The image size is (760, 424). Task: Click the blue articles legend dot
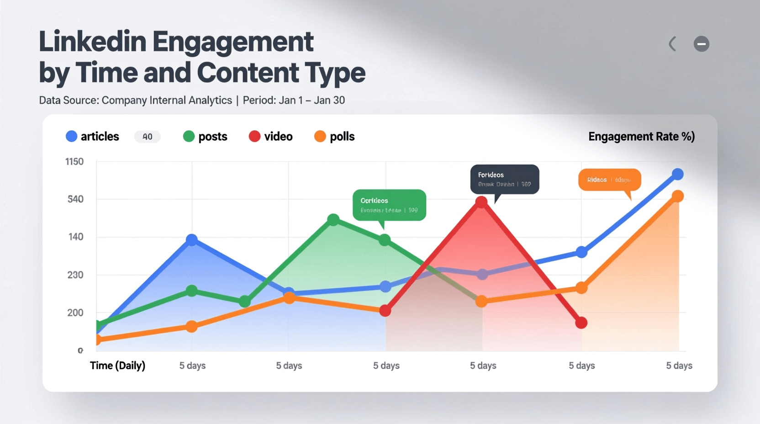coord(71,136)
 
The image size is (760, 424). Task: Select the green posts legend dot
coord(189,136)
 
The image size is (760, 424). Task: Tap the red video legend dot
coord(254,136)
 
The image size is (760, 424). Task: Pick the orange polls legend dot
coord(320,136)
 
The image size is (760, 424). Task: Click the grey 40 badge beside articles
coord(147,137)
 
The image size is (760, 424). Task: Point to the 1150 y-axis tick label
coord(74,162)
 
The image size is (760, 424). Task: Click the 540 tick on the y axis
coord(75,199)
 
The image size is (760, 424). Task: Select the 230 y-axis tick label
coord(75,275)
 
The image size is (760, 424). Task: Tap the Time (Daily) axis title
coord(117,366)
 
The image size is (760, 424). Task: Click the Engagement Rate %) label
coord(641,137)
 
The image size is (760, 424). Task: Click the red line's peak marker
coord(481,202)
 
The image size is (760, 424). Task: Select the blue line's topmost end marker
coord(678,174)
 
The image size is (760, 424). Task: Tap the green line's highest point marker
coord(333,220)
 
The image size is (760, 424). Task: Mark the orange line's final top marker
coord(678,196)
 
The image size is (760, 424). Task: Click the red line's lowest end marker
coord(581,323)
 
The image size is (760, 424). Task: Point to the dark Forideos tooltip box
coord(505,179)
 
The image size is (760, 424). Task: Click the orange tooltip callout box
coord(609,180)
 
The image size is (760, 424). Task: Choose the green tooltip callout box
coord(389,205)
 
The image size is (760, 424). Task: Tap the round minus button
coord(701,44)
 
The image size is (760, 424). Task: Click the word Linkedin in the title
coord(92,42)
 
